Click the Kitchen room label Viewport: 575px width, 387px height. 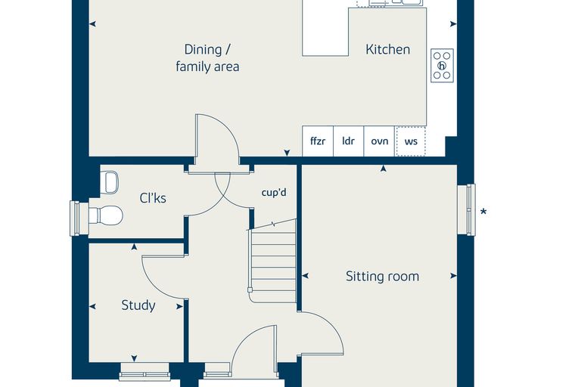click(x=387, y=49)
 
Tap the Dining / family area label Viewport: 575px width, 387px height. click(x=207, y=58)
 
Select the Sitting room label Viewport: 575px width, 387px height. click(x=383, y=276)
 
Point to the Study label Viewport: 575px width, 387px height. click(x=138, y=305)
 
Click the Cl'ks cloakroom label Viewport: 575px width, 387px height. click(x=153, y=198)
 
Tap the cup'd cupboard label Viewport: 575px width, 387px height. click(x=274, y=193)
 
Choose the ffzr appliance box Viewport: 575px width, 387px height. click(x=318, y=141)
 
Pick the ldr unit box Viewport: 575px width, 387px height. click(x=348, y=141)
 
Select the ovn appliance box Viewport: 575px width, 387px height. click(x=380, y=141)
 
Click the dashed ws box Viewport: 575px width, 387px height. click(x=411, y=141)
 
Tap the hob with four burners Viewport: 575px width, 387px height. click(x=442, y=66)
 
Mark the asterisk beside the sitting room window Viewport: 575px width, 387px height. click(x=483, y=212)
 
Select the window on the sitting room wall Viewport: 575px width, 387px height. click(x=467, y=209)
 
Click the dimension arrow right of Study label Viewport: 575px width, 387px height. click(x=180, y=307)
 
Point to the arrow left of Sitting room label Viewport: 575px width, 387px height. click(x=305, y=276)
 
